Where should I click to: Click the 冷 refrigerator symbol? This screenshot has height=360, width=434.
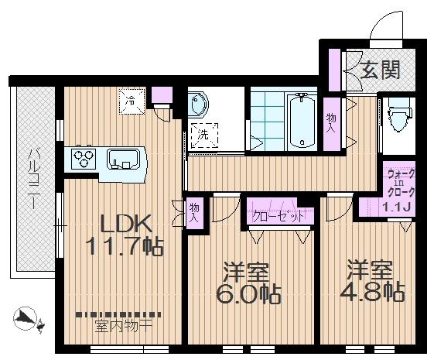coord(132,101)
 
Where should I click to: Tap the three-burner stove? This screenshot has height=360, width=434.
coord(83,159)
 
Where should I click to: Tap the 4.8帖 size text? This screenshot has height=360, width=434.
coord(371,292)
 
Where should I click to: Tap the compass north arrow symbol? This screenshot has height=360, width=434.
coord(26,317)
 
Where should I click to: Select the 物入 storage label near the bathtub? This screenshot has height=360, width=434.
coord(332,122)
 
